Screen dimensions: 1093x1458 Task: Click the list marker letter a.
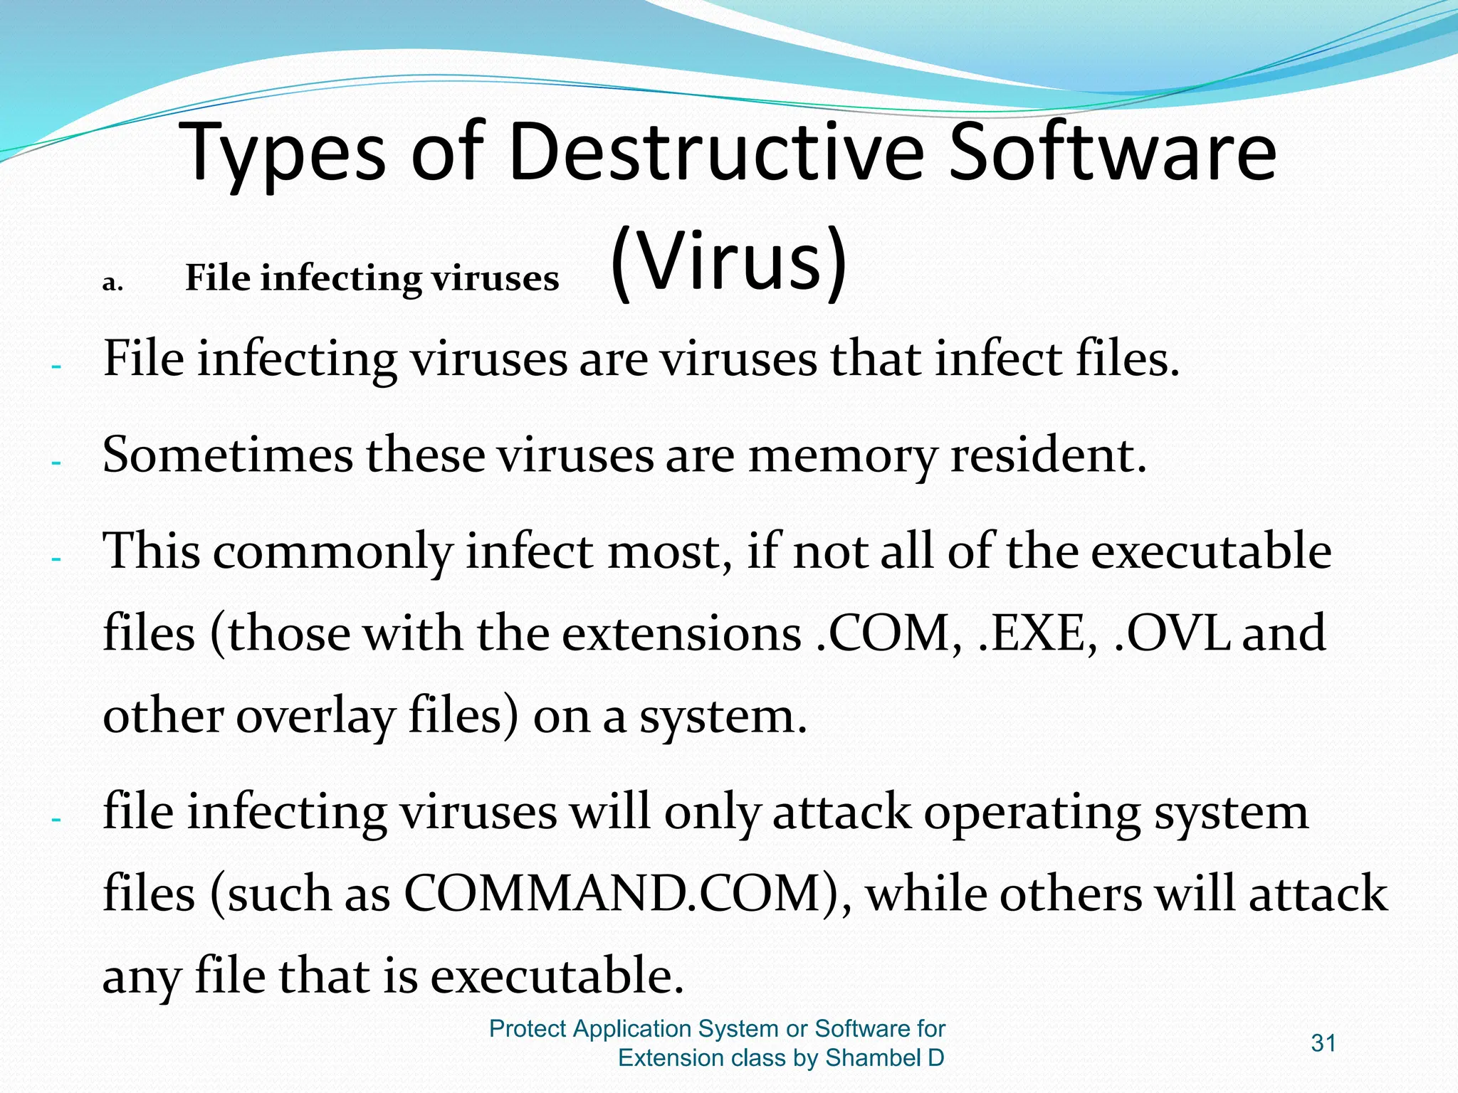pos(112,283)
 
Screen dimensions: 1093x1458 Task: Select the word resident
pos(1049,455)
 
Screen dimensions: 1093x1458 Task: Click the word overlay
pos(315,717)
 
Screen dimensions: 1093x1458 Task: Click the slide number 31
pos(1323,1043)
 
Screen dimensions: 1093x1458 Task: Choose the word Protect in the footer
pos(528,1029)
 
